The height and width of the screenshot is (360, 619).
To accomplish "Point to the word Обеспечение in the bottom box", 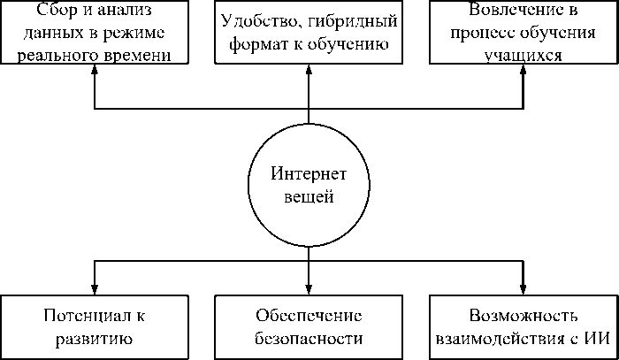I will coord(308,316).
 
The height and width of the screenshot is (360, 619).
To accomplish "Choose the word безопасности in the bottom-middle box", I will coord(308,337).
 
